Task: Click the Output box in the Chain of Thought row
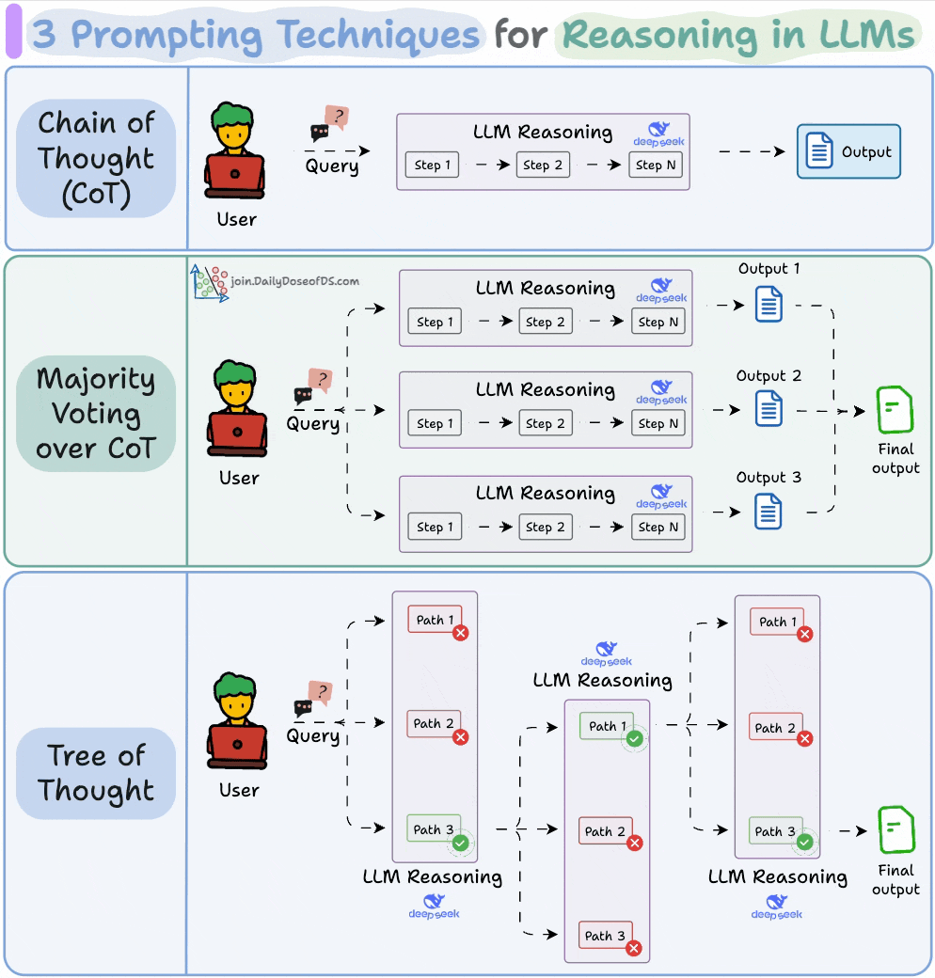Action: (x=848, y=151)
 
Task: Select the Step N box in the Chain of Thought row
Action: (x=656, y=165)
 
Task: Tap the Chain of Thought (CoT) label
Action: (x=96, y=158)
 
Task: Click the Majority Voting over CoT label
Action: (x=95, y=414)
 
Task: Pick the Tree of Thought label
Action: (x=96, y=773)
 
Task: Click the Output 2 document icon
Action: (x=769, y=407)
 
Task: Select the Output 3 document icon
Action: (x=769, y=511)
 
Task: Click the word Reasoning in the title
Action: (x=658, y=35)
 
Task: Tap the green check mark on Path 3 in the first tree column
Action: (x=460, y=843)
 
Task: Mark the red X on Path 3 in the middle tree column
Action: (x=634, y=949)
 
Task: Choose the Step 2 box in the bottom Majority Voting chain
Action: (x=545, y=527)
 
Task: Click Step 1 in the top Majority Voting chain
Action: (x=435, y=322)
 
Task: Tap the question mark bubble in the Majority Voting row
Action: (x=322, y=379)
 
